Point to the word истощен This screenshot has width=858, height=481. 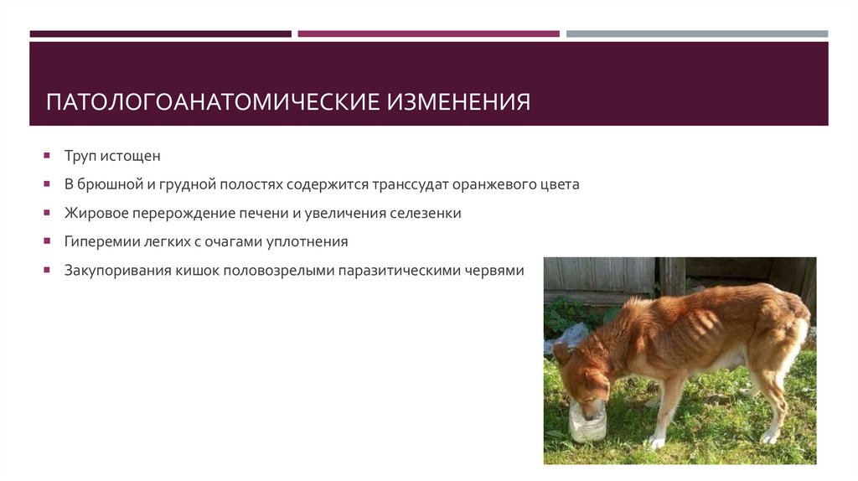click(132, 156)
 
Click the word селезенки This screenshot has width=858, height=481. click(425, 213)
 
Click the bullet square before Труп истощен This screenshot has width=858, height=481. click(48, 156)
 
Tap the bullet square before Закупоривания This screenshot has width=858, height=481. click(48, 271)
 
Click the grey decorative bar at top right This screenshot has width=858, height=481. click(696, 34)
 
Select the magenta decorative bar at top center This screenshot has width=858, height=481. click(428, 34)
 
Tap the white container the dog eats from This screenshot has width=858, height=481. click(587, 422)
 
